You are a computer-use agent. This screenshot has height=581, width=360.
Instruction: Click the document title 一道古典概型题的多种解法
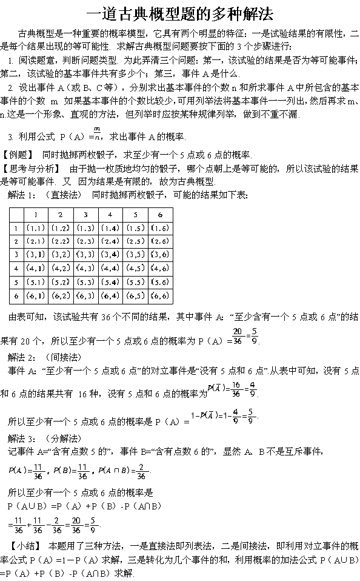pos(180,14)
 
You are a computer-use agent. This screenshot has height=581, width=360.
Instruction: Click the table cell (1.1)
pos(36,228)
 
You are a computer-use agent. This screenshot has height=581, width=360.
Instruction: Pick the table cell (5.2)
pos(61,282)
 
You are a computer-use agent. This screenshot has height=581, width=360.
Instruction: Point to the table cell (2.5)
pos(135,241)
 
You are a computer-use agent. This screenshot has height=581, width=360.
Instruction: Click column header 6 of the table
pos(160,215)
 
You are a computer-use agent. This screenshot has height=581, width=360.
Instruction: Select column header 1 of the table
pos(36,215)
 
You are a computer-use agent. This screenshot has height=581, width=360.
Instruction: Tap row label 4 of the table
pos(16,268)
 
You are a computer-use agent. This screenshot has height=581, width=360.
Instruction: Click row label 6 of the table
pos(16,296)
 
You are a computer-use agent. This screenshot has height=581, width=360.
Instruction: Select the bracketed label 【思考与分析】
pos(32,169)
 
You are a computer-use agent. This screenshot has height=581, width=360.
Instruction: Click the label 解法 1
pos(21,195)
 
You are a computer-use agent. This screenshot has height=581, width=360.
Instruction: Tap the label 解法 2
pos(21,357)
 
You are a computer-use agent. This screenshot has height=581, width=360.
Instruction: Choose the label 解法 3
pos(21,438)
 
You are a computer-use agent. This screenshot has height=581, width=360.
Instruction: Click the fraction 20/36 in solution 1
pos(238,336)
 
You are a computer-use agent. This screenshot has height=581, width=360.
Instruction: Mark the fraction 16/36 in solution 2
pos(236,389)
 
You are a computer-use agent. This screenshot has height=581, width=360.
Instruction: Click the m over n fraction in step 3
pos(97,133)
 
